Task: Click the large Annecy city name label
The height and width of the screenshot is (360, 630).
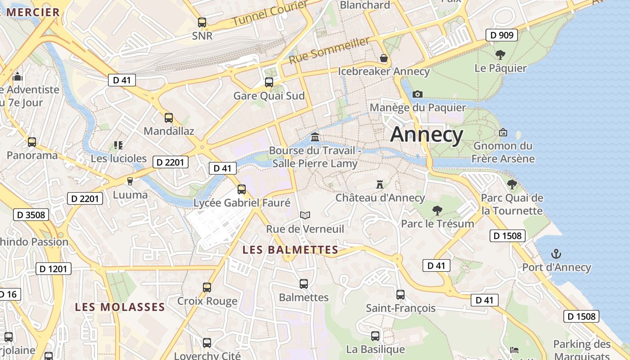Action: tap(427, 135)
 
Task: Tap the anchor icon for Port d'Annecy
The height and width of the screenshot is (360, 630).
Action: tap(556, 254)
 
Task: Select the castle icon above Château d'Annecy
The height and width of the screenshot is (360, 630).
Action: tap(380, 184)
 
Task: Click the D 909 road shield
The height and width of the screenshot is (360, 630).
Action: tap(502, 35)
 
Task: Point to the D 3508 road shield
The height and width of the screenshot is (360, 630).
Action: tap(31, 215)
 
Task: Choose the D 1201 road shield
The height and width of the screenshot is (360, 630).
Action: tap(54, 269)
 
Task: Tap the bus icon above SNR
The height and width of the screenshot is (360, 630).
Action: tap(202, 22)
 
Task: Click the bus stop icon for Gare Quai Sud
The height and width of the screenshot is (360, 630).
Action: tap(269, 82)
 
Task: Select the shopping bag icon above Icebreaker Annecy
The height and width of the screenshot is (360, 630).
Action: tap(384, 58)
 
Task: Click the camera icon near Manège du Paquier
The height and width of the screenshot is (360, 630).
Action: tap(418, 94)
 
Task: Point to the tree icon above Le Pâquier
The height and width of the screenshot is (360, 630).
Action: tap(500, 55)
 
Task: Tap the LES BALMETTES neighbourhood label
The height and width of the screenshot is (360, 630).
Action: tap(290, 250)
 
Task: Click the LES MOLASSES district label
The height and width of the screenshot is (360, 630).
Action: tap(120, 307)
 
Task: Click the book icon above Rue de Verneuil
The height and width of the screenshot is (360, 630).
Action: tap(305, 216)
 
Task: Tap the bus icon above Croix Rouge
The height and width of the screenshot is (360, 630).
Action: tap(207, 288)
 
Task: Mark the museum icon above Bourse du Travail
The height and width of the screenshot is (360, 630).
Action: tap(315, 137)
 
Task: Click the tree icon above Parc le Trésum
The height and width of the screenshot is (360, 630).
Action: tap(437, 210)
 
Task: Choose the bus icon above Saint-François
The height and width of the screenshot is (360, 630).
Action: tap(400, 295)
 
